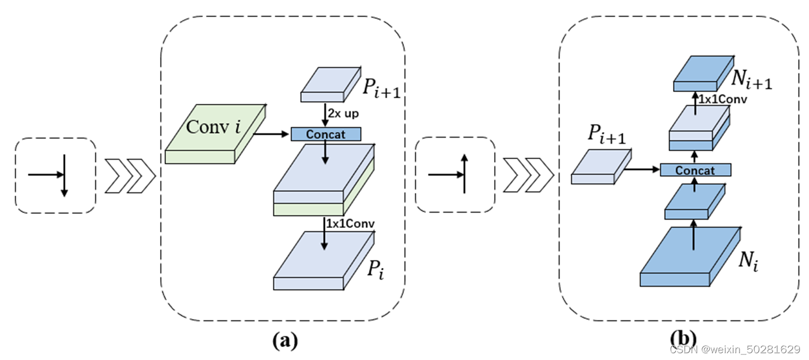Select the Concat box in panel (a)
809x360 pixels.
pyautogui.click(x=326, y=134)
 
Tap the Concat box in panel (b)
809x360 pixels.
pyautogui.click(x=695, y=170)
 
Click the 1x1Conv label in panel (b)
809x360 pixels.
pyautogui.click(x=723, y=99)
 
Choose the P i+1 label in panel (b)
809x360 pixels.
pyautogui.click(x=606, y=134)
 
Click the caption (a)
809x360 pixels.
pyautogui.click(x=284, y=340)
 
